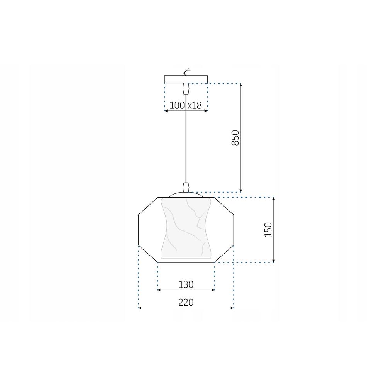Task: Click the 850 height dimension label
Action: coord(235,138)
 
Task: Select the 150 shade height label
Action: coord(268,230)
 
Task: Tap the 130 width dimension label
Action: coord(186,284)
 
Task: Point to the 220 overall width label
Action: coord(186,302)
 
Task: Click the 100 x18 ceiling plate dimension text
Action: coord(186,105)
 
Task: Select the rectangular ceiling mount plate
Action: coord(186,79)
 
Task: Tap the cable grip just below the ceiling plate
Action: coord(186,88)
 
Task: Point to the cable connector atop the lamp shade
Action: coord(186,187)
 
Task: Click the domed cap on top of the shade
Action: coord(186,195)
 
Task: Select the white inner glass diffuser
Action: coord(186,228)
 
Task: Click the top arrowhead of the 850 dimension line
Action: coord(241,85)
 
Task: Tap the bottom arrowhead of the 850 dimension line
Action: coord(241,190)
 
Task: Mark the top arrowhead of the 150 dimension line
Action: coord(274,199)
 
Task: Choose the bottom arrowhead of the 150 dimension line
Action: coord(274,261)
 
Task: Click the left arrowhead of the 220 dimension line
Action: coord(140,308)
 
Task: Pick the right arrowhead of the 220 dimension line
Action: coord(232,308)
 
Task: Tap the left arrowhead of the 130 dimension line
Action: coord(159,290)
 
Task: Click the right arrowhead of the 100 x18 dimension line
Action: coord(207,111)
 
